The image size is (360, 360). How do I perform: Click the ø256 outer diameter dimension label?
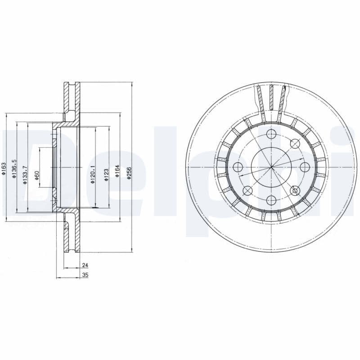(x=129, y=173)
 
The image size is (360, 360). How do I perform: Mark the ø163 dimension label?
(x=4, y=169)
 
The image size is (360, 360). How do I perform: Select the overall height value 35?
(x=85, y=274)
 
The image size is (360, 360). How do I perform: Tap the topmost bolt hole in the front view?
(x=271, y=135)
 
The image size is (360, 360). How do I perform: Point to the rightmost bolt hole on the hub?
(x=304, y=167)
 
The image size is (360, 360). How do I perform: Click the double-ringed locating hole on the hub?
(x=295, y=190)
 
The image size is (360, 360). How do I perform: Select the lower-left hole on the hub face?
(x=248, y=190)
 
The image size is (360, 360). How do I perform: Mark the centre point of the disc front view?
(x=271, y=167)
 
